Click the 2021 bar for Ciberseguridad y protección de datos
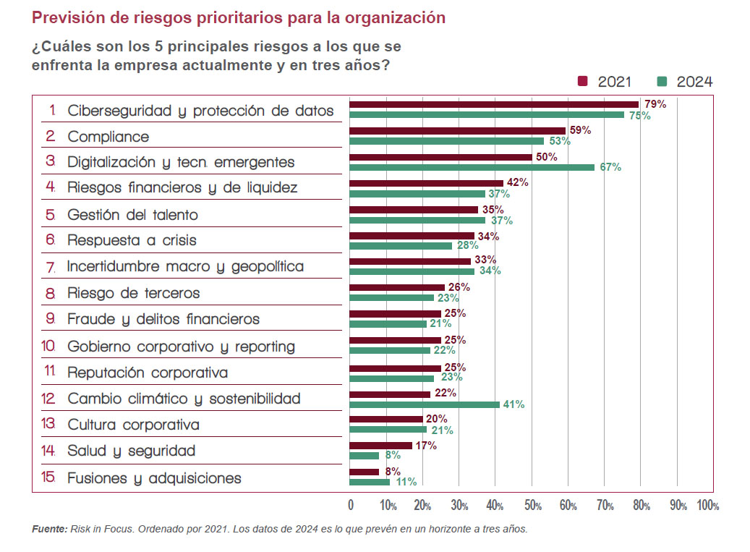coord(493,104)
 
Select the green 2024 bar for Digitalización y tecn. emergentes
coord(472,167)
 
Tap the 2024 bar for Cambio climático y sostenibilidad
coord(425,404)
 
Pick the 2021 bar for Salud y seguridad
coord(380,446)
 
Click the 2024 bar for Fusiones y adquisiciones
coord(370,482)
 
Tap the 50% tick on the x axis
coord(532,505)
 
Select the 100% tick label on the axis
coord(707,505)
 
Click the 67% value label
coord(611,167)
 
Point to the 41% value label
coord(514,404)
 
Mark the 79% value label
coord(655,104)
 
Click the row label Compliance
coord(108,137)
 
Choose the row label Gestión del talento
coord(132,215)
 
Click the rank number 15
coord(49,478)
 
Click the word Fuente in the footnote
coord(49,529)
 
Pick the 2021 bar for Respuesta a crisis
coord(412,236)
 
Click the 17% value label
coord(426,446)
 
